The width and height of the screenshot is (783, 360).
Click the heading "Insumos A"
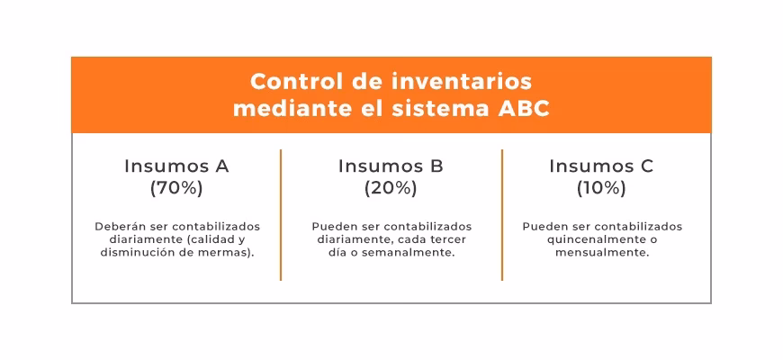point(176,166)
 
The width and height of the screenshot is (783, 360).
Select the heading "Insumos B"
point(391,166)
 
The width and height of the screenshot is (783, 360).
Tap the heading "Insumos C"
point(601,166)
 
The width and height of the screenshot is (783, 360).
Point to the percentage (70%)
point(176,188)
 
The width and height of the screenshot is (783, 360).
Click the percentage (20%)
point(391,188)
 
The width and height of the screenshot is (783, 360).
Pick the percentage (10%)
point(601,188)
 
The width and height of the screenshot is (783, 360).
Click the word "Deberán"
point(119,227)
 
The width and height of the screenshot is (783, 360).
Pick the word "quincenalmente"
point(589,239)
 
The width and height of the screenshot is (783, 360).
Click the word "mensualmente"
point(602,253)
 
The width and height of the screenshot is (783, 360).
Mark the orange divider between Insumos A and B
point(281,215)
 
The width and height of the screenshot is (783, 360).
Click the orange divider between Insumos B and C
point(502,215)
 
